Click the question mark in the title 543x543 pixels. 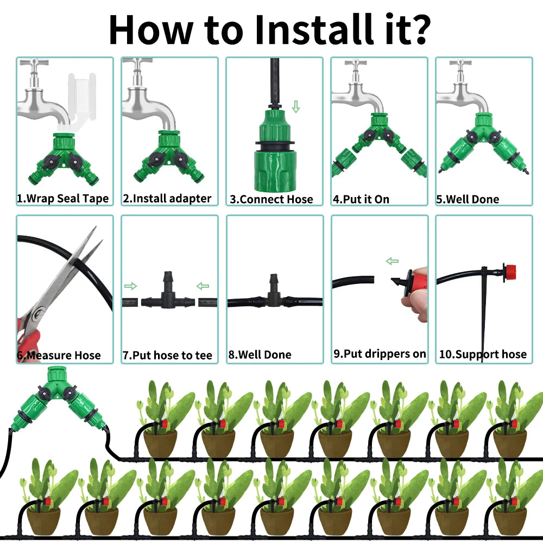click(418, 29)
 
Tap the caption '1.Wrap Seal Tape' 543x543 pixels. click(62, 198)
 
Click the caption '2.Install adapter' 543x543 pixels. click(167, 198)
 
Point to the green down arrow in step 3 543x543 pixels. click(296, 106)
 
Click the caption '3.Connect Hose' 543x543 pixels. click(271, 199)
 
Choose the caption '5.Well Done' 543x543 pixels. click(468, 199)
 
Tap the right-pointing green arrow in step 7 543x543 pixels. click(130, 286)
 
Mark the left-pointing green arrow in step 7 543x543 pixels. click(203, 286)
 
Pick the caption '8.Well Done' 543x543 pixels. click(260, 355)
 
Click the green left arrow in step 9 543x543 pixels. click(392, 261)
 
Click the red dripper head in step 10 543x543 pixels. click(509, 272)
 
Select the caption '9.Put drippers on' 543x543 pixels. click(380, 354)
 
